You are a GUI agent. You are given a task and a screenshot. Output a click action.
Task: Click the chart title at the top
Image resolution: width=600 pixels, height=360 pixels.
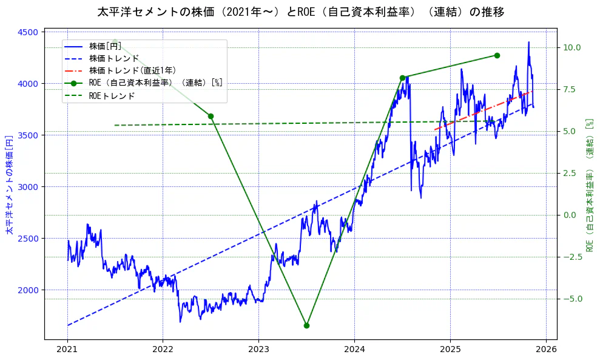pyautogui.click(x=300, y=12)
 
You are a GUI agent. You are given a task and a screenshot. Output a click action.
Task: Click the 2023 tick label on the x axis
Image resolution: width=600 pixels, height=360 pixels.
pyautogui.click(x=258, y=349)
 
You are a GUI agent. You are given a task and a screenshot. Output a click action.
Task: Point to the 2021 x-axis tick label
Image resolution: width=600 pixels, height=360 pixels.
pyautogui.click(x=67, y=349)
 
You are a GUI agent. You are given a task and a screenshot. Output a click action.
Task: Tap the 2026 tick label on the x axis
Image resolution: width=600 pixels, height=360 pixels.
pyautogui.click(x=545, y=349)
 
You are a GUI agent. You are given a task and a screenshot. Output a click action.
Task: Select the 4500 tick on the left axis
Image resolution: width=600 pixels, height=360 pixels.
pyautogui.click(x=31, y=32)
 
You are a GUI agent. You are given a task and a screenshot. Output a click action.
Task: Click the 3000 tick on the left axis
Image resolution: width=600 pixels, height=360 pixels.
pyautogui.click(x=31, y=187)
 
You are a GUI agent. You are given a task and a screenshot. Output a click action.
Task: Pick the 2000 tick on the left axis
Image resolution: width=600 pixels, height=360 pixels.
pyautogui.click(x=31, y=290)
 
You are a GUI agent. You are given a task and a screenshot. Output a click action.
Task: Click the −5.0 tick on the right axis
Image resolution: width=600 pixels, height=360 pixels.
pyautogui.click(x=571, y=299)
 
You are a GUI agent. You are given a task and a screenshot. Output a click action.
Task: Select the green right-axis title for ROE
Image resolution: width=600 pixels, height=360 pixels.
pyautogui.click(x=589, y=185)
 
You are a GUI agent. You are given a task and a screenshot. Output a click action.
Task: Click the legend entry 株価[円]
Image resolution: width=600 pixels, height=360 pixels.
pyautogui.click(x=105, y=46)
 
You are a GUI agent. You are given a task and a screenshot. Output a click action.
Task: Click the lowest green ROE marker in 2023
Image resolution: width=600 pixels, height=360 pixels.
pyautogui.click(x=306, y=325)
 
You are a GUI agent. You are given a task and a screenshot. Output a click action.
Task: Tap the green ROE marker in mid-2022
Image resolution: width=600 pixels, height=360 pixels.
pyautogui.click(x=211, y=116)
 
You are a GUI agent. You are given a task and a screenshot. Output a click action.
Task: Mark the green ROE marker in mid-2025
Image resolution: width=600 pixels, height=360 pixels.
pyautogui.click(x=497, y=55)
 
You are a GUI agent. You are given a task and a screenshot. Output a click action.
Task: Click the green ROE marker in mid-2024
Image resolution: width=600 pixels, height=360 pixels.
pyautogui.click(x=402, y=78)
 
